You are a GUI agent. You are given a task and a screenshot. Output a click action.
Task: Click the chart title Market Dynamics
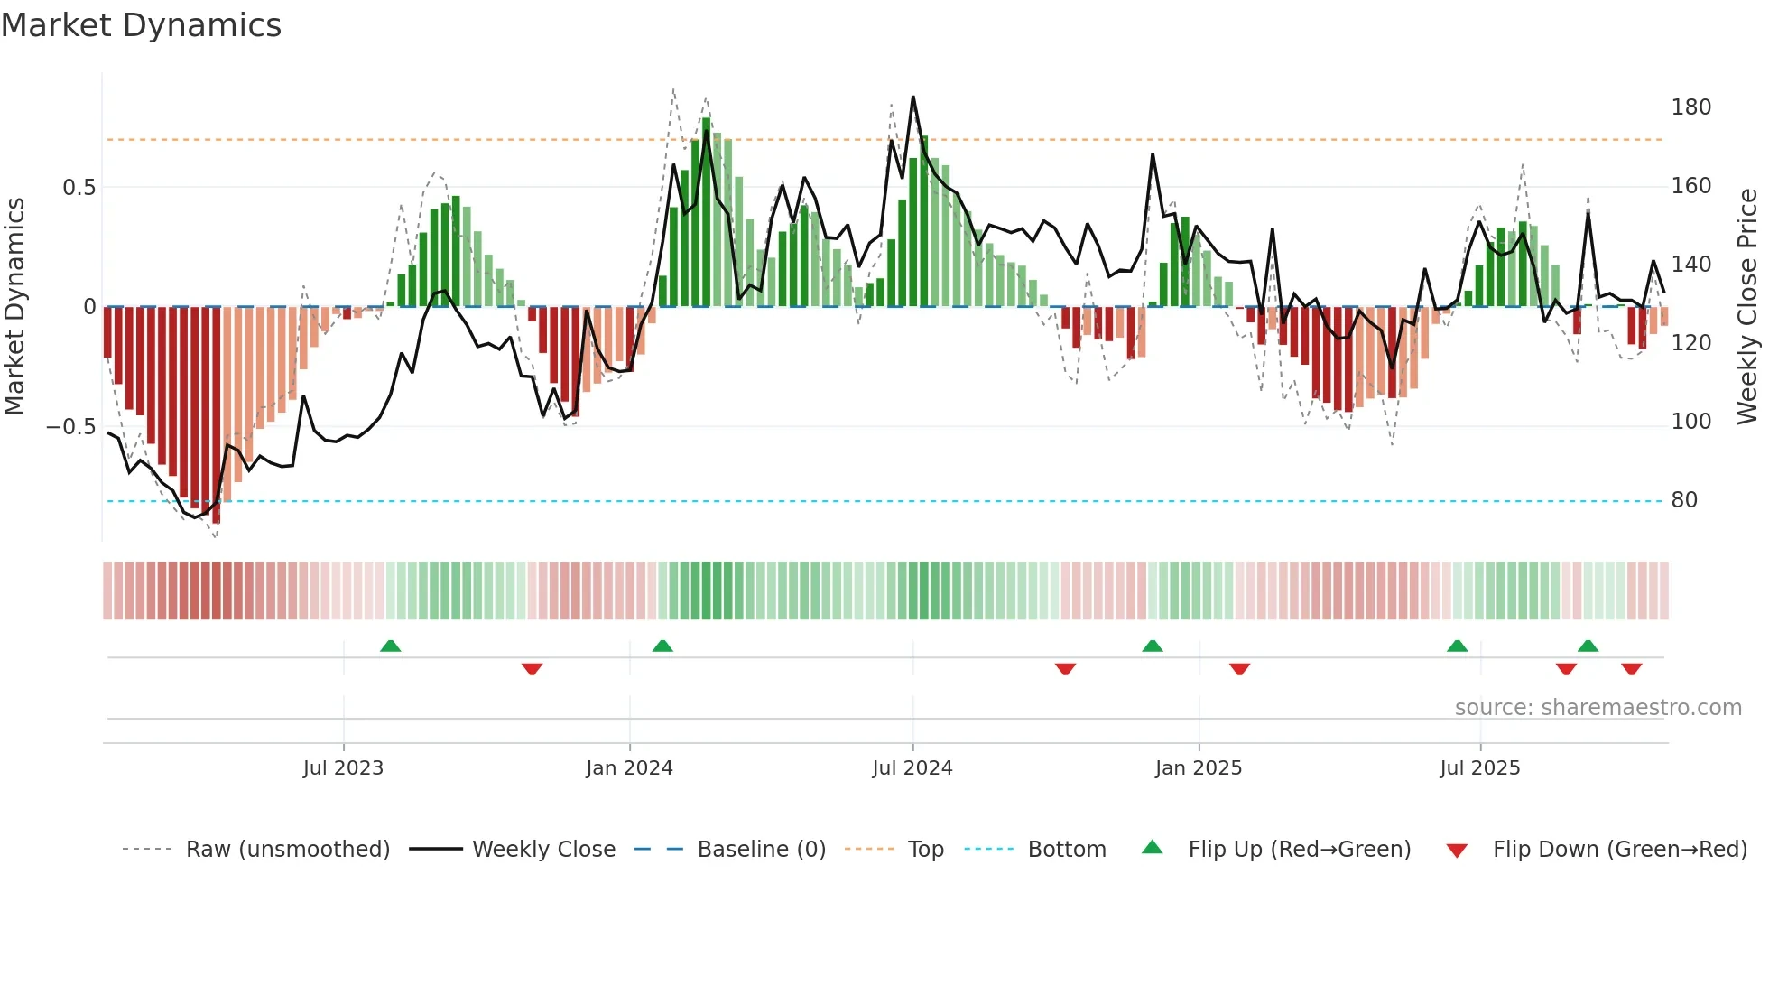[x=141, y=25]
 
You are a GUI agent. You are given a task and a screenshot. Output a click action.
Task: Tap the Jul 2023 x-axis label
[x=343, y=768]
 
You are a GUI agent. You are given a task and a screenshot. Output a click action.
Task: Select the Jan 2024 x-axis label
[x=629, y=768]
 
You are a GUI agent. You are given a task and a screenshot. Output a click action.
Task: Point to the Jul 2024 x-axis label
[x=912, y=768]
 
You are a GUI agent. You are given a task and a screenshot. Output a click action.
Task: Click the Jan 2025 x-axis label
[x=1199, y=768]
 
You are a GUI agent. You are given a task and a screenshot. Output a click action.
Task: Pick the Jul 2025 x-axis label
[x=1480, y=768]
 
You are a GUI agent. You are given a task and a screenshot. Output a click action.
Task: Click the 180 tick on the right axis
[x=1690, y=107]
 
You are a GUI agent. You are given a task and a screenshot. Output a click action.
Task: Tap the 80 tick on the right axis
[x=1684, y=500]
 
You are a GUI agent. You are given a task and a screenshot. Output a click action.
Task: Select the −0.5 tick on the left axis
[x=71, y=426]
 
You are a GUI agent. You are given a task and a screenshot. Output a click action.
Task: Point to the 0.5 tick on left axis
[x=79, y=188]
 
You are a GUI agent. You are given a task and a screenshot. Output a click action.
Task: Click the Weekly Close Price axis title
[x=1747, y=307]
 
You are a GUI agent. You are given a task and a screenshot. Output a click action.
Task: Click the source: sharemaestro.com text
[x=1598, y=708]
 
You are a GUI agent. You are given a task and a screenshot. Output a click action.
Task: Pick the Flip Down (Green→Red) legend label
[x=1619, y=850]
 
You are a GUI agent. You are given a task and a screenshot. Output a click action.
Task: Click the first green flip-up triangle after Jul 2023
[x=390, y=646]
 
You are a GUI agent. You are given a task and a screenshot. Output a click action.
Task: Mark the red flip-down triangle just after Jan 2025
[x=1239, y=669]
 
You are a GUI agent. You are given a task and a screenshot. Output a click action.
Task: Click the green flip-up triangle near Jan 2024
[x=662, y=646]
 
